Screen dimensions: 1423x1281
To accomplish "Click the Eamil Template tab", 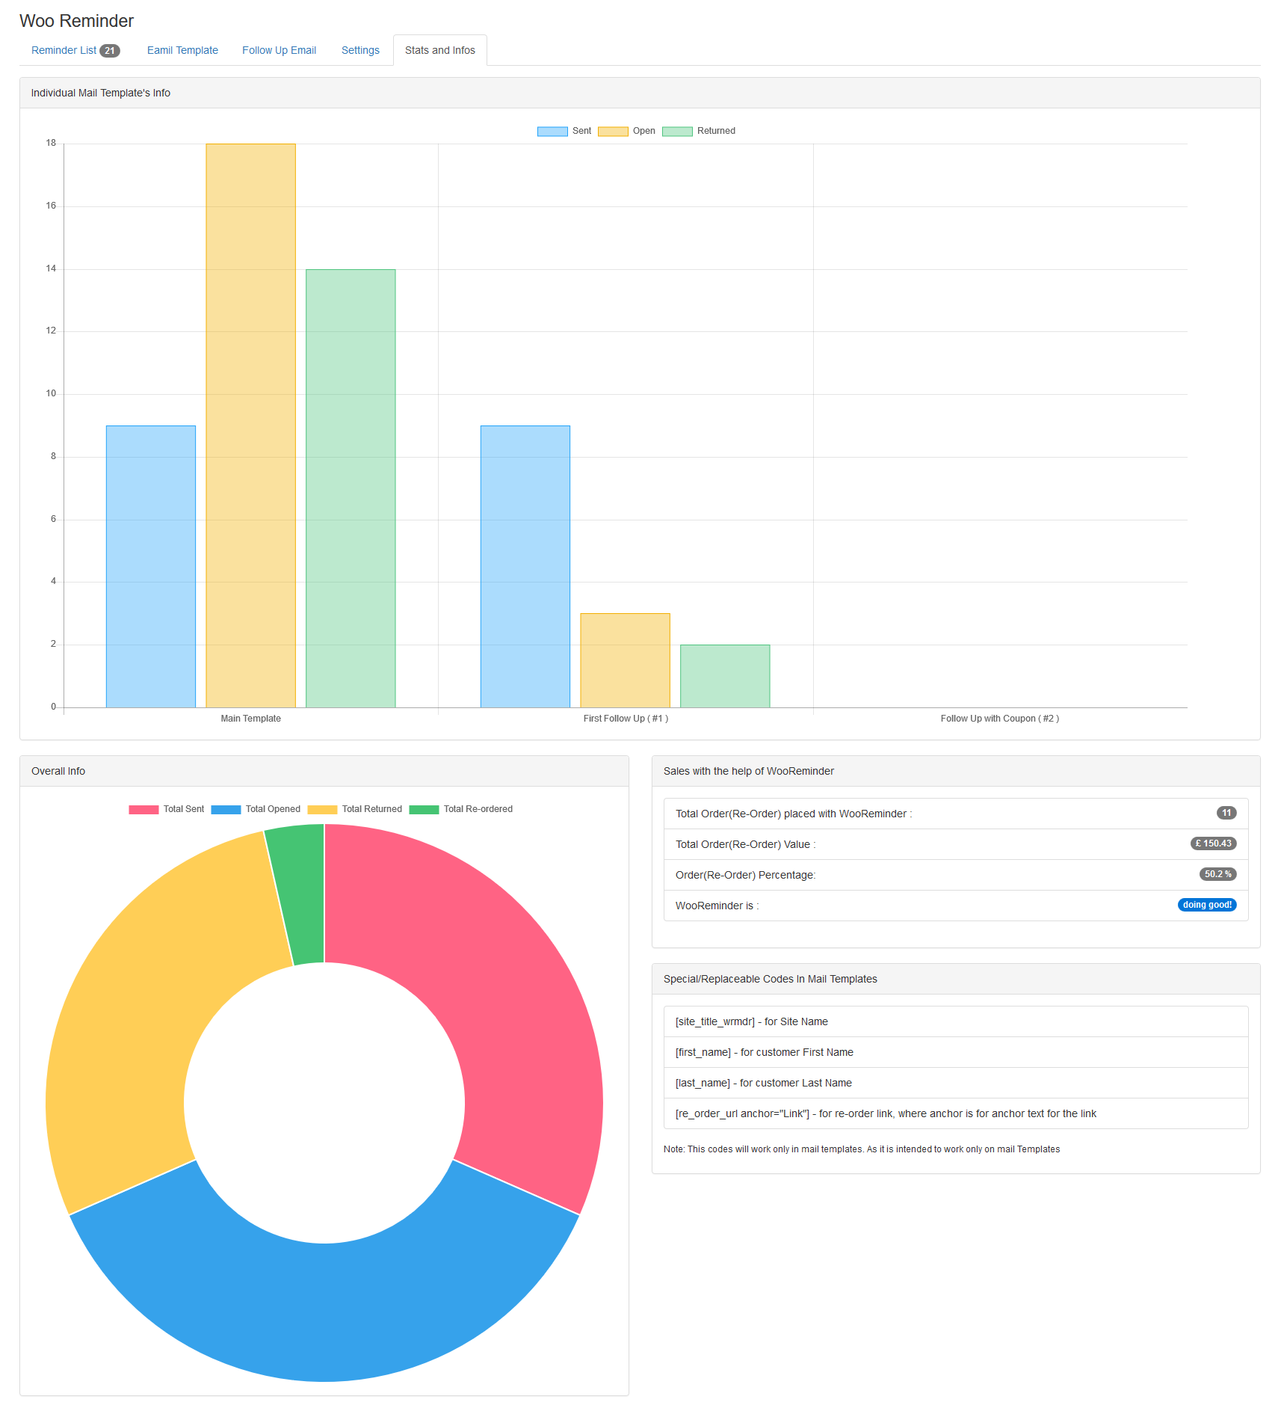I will pos(182,50).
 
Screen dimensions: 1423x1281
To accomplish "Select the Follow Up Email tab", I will pos(279,50).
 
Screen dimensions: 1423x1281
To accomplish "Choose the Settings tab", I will pos(360,50).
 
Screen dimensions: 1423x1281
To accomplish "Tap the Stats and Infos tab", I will pos(439,50).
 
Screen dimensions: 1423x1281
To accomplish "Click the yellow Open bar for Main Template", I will pos(250,425).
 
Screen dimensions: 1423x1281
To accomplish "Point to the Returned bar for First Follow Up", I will pos(725,676).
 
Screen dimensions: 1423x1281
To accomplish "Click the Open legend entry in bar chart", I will pos(628,131).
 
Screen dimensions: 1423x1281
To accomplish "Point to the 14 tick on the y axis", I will pos(51,268).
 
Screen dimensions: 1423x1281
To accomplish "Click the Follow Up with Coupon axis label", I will pos(999,719).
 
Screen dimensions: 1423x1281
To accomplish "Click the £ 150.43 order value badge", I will pos(1213,843).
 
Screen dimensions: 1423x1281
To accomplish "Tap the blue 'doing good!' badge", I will pos(1207,905).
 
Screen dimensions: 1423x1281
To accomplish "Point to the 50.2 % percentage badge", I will pos(1217,874).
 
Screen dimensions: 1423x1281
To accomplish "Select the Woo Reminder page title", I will pos(76,21).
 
